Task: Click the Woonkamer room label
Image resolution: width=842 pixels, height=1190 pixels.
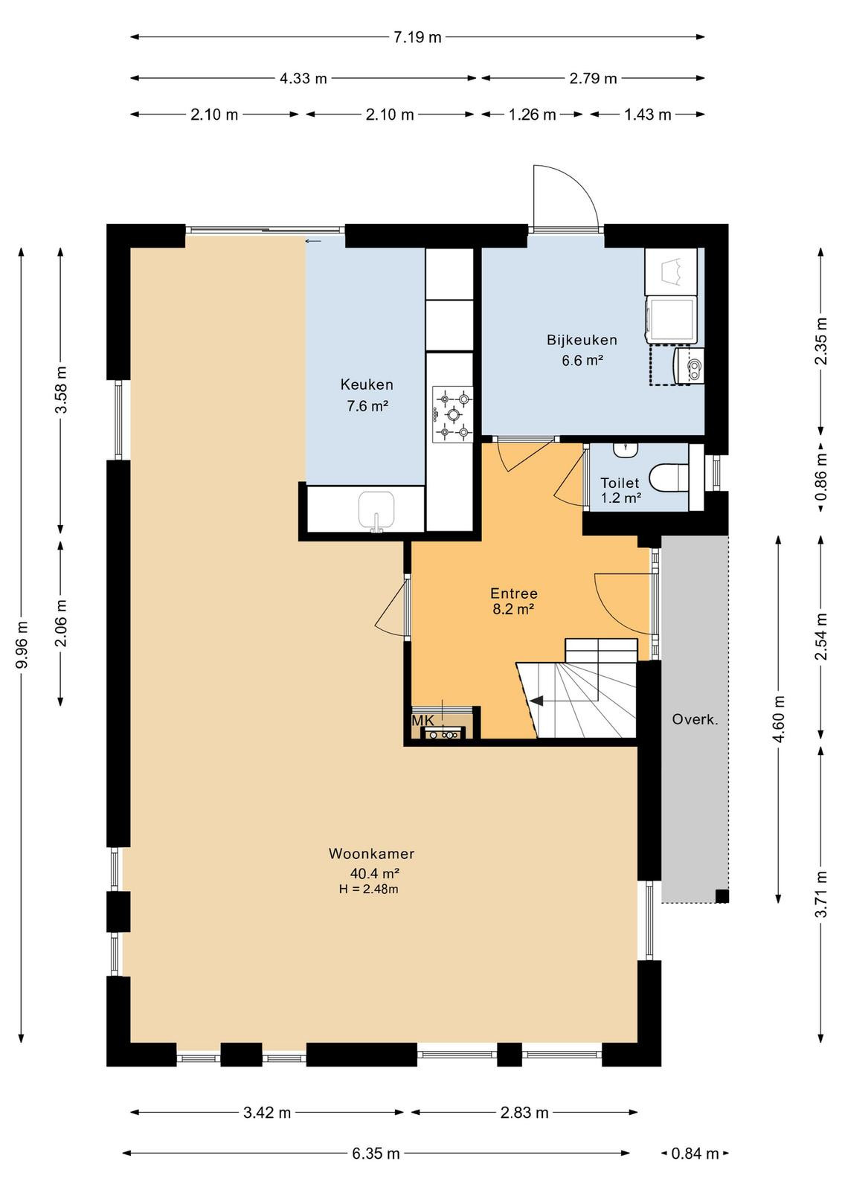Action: tap(371, 854)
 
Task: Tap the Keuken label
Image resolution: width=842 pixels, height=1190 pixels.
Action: tap(367, 384)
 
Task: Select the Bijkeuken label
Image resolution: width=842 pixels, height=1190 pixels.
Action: tap(582, 339)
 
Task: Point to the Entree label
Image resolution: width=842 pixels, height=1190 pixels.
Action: tap(513, 593)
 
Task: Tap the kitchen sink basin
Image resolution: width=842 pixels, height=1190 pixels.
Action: tap(376, 510)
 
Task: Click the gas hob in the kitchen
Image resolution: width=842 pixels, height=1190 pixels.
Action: tap(452, 414)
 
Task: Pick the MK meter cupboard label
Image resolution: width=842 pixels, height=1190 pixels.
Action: tap(422, 721)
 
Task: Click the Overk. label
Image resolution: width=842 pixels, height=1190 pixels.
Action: tap(695, 719)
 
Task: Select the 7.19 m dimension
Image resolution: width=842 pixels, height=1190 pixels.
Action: tap(417, 37)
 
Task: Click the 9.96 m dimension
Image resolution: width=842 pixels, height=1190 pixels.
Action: tap(22, 644)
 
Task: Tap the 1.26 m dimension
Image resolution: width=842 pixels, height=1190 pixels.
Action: tap(533, 115)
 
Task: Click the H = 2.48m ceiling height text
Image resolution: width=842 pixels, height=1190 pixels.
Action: tap(369, 889)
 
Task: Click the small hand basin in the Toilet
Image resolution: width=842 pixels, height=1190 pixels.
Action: tap(626, 449)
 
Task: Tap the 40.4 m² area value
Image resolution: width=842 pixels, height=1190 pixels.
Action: tap(375, 872)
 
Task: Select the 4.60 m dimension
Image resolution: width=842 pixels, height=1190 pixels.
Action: tap(779, 719)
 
